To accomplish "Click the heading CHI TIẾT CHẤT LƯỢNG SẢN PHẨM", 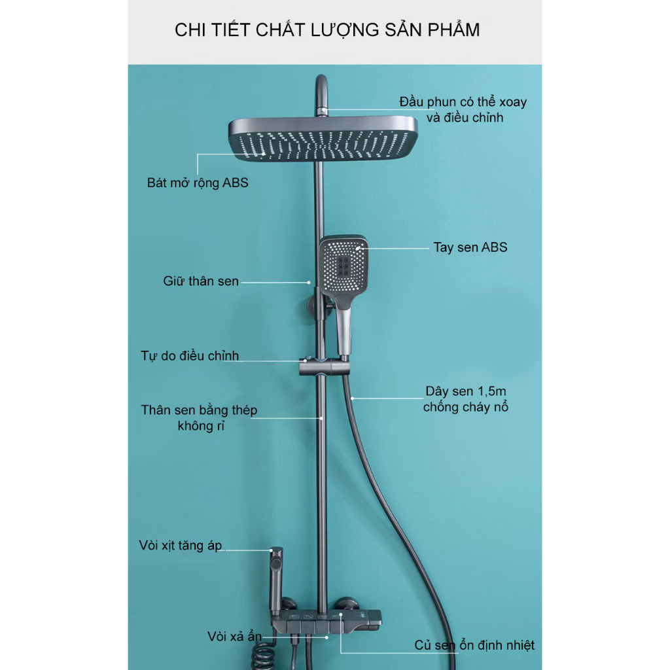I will point(327,30).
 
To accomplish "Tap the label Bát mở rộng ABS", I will point(198,183).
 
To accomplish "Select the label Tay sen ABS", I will point(470,247).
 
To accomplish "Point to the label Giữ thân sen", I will point(201,281).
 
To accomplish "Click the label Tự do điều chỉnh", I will point(190,357).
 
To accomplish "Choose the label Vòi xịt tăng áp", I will point(181,545).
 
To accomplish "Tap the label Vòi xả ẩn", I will point(235,636).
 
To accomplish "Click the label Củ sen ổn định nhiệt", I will point(474,645).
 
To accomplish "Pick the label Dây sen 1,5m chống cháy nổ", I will point(465,399).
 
